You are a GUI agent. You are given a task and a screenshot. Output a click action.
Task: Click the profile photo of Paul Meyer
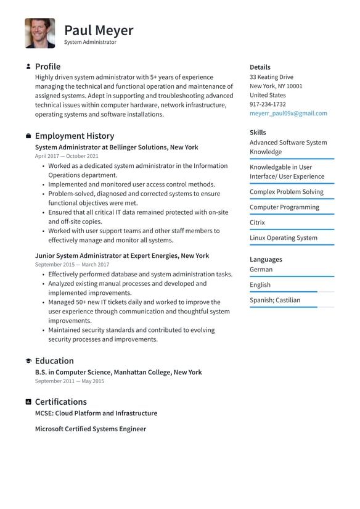point(40,33)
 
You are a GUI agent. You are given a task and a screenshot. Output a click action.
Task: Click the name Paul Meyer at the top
point(99,30)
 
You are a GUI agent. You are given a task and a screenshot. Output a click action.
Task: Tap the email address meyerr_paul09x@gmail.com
point(288,114)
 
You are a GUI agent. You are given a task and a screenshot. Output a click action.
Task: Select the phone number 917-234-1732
point(268,104)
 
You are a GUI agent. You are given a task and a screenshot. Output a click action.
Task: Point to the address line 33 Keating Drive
point(271,77)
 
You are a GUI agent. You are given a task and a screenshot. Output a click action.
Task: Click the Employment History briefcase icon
point(28,136)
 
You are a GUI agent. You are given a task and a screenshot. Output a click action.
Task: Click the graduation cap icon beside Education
point(28,361)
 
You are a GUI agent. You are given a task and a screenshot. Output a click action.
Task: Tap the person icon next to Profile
point(28,67)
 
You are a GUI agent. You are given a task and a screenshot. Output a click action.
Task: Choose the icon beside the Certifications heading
point(28,402)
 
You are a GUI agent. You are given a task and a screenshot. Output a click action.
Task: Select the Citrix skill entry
point(257,223)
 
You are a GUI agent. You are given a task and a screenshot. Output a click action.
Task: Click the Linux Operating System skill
point(284,238)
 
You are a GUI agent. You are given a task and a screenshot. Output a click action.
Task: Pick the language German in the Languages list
point(261,270)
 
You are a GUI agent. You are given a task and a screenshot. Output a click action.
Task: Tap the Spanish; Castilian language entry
point(275,300)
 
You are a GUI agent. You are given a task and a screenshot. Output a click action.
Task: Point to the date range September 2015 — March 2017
point(72,265)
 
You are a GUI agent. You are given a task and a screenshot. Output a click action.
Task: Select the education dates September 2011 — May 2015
point(70,381)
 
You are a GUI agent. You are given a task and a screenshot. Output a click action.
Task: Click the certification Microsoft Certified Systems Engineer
point(91,429)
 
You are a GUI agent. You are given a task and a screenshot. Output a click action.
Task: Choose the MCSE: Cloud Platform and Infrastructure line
point(96,413)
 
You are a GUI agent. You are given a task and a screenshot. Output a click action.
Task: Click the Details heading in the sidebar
point(260,67)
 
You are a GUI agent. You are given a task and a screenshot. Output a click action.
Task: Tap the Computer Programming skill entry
point(284,207)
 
